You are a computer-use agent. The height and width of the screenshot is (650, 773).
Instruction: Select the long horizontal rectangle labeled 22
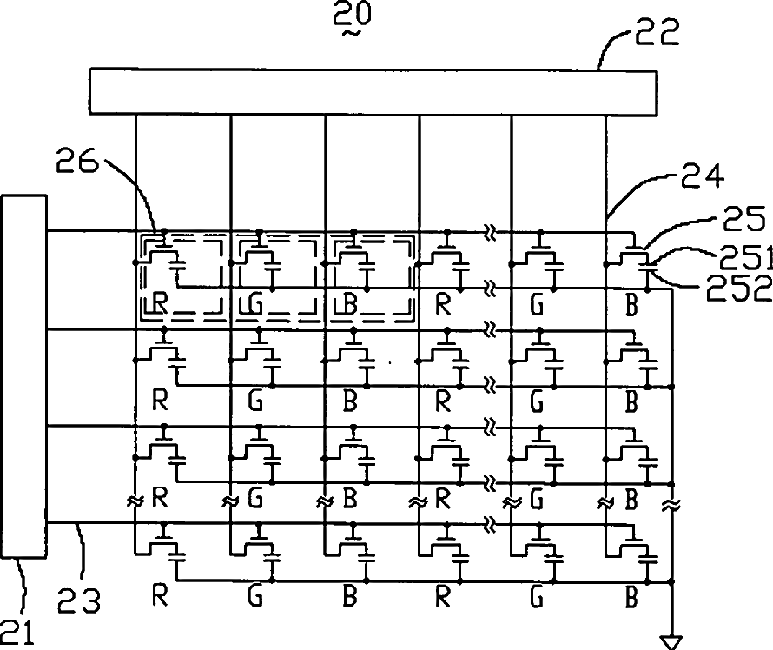coord(373,91)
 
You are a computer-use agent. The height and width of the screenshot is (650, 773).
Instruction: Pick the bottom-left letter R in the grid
coord(159,597)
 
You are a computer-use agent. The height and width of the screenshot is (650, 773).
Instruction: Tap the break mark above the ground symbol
coord(671,503)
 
